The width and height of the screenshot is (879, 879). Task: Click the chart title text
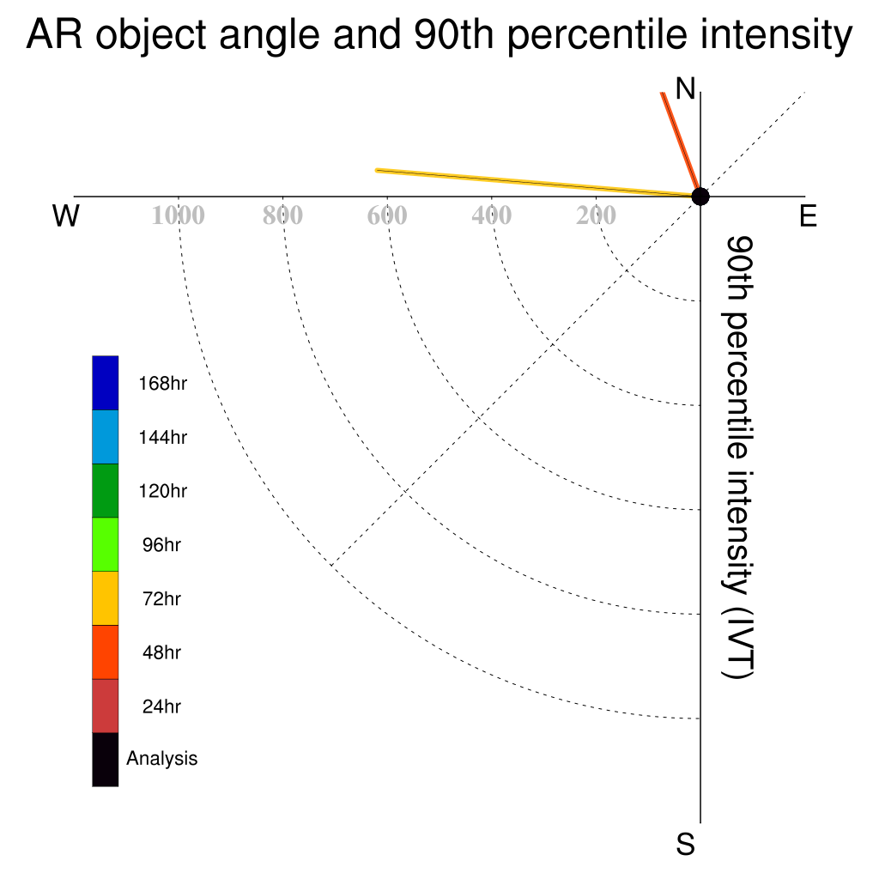pos(439,34)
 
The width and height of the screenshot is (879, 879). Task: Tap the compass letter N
pos(685,88)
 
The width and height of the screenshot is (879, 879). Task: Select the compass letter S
pos(685,844)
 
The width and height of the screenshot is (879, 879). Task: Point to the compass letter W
pos(65,215)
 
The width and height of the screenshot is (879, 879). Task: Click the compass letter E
pos(808,215)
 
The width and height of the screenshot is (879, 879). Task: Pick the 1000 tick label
pos(178,215)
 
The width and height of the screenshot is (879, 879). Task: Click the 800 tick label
pos(282,215)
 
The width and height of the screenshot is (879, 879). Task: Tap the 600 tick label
pos(387,215)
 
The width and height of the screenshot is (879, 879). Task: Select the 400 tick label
pos(491,215)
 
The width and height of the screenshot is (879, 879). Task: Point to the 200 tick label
pos(596,215)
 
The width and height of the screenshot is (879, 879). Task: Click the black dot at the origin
pos(700,197)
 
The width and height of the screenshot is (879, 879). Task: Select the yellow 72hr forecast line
pos(538,184)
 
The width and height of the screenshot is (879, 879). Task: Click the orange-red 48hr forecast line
pos(681,144)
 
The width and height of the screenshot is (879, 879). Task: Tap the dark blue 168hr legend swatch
pos(106,383)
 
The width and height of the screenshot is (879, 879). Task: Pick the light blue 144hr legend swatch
pos(106,437)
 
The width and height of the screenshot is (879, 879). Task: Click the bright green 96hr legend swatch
pos(106,544)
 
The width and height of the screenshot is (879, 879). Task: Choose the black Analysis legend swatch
pos(106,760)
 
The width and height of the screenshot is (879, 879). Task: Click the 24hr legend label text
pos(161,706)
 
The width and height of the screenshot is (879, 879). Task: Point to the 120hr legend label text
pos(162,491)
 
